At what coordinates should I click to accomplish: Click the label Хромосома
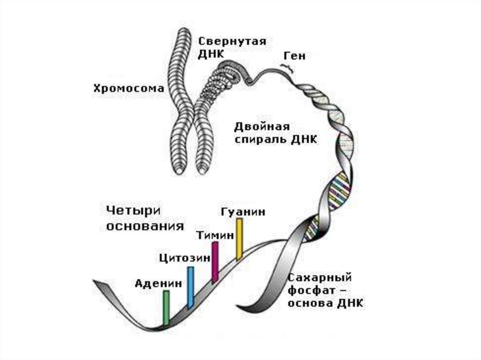click(129, 88)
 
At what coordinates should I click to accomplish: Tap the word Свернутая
click(232, 41)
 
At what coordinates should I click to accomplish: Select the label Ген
click(294, 56)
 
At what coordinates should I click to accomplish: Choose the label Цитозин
click(183, 258)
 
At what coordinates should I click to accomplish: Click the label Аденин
click(158, 283)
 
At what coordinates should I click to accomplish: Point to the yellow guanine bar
click(239, 238)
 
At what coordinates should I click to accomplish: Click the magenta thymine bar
click(215, 262)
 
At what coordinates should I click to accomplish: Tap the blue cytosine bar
click(190, 287)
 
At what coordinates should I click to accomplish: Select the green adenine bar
click(166, 307)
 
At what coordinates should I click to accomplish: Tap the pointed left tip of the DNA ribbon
click(95, 282)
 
